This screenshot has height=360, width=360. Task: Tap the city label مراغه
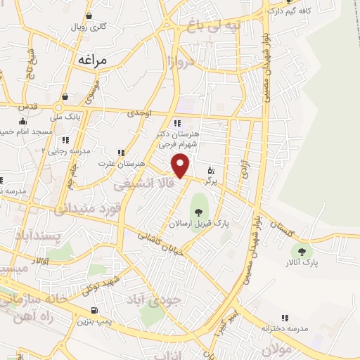coord(91,60)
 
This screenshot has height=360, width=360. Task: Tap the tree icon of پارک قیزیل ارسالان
coord(199,211)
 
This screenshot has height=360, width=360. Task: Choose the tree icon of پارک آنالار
coord(302,251)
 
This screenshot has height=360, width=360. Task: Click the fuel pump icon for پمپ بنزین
coord(94,310)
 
